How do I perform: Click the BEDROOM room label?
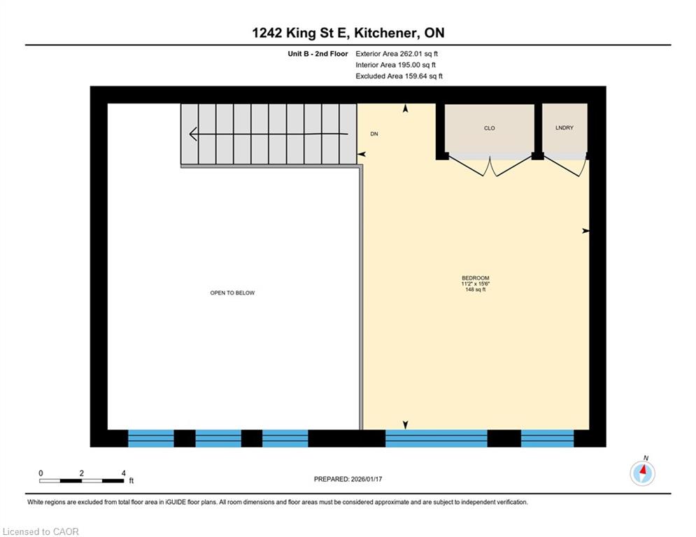tap(476, 278)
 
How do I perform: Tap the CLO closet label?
tap(489, 128)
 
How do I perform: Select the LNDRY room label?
tap(564, 128)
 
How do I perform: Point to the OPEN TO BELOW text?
tap(232, 293)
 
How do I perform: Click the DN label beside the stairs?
tap(374, 134)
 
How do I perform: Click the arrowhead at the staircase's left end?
tap(192, 134)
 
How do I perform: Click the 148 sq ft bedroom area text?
tap(476, 289)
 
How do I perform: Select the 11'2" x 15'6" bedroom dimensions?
tap(476, 284)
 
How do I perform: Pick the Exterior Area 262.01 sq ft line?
tap(397, 54)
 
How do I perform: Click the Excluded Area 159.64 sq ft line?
tap(399, 76)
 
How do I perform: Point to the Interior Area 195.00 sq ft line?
tap(395, 65)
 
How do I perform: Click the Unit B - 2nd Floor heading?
tap(318, 54)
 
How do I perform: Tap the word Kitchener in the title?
tap(385, 33)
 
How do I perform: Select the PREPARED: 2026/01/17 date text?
tap(348, 479)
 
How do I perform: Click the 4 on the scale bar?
tap(123, 473)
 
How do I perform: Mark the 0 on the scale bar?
tap(41, 473)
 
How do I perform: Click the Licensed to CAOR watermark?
tap(41, 531)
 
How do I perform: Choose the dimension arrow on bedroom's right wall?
tap(585, 231)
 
